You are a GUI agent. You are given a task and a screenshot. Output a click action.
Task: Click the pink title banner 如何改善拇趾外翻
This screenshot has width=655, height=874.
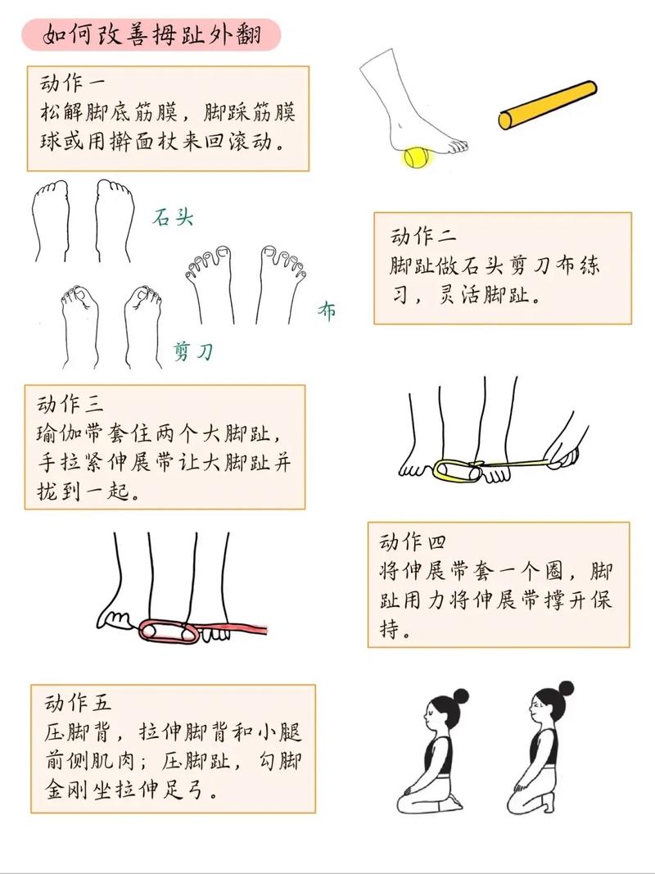151,35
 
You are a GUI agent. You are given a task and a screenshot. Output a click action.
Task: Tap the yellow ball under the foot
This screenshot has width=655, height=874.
418,156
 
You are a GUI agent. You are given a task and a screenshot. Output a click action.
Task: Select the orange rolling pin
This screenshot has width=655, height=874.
547,105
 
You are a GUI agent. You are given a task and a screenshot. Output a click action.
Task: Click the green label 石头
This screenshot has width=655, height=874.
174,219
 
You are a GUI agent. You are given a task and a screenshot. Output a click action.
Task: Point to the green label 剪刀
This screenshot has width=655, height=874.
193,352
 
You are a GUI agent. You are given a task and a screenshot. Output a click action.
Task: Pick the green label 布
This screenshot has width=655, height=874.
327,311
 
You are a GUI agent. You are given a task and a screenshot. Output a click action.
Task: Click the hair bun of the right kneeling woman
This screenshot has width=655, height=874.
564,688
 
